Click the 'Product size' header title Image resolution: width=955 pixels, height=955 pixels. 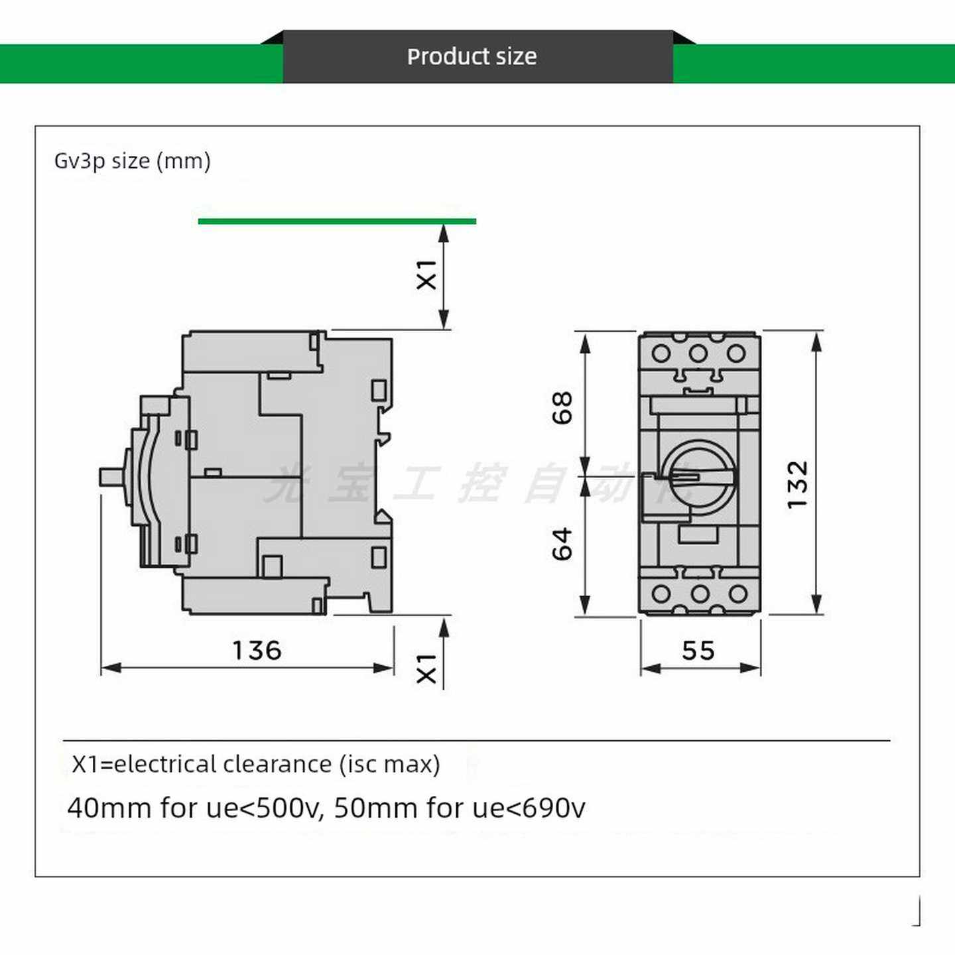click(472, 57)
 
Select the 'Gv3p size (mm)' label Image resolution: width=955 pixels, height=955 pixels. click(132, 161)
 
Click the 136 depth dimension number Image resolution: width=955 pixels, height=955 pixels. click(257, 651)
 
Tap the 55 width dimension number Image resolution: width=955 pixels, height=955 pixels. click(698, 651)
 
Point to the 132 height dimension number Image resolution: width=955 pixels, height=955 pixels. click(798, 485)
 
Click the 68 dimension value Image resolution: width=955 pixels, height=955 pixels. click(562, 408)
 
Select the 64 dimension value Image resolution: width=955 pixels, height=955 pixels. click(562, 544)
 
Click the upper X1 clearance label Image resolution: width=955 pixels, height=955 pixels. click(426, 275)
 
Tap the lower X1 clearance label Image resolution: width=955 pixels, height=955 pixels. click(426, 668)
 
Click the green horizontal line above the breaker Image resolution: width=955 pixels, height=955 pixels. click(337, 221)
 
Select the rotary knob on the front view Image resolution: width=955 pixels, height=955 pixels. click(700, 476)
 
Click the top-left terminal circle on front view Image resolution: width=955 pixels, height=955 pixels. click(661, 353)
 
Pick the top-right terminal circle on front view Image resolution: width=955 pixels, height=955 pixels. click(736, 353)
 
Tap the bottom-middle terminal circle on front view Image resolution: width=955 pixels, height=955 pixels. click(699, 593)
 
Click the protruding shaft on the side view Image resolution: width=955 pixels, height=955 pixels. click(111, 477)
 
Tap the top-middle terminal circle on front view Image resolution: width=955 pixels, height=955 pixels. click(698, 353)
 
